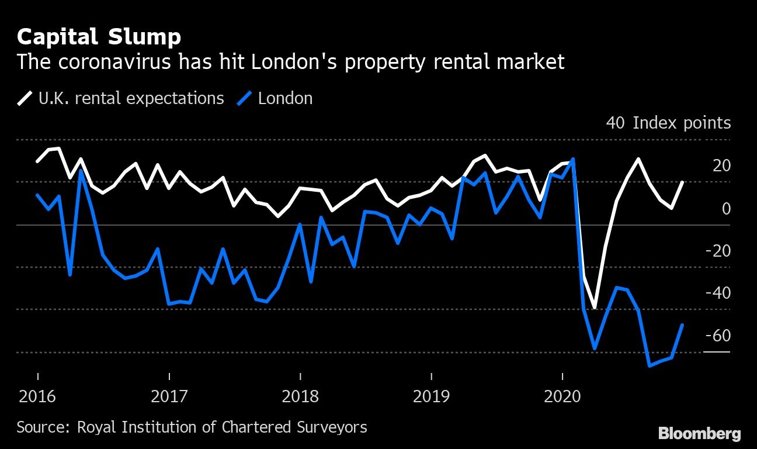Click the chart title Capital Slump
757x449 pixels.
point(99,37)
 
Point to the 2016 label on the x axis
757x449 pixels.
point(37,397)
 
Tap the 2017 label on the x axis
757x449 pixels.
point(169,397)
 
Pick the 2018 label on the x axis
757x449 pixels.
point(300,397)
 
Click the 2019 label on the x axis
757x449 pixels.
point(431,397)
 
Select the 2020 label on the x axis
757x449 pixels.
point(562,397)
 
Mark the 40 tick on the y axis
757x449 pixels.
point(616,123)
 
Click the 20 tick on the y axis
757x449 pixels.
point(721,166)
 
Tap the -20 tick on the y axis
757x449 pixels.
point(718,251)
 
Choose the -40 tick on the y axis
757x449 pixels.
point(718,293)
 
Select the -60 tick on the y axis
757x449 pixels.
point(718,336)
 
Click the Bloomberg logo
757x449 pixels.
point(699,433)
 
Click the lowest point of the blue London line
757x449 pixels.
point(649,366)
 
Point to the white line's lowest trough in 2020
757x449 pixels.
point(595,308)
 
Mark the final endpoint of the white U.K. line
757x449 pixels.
point(682,182)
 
